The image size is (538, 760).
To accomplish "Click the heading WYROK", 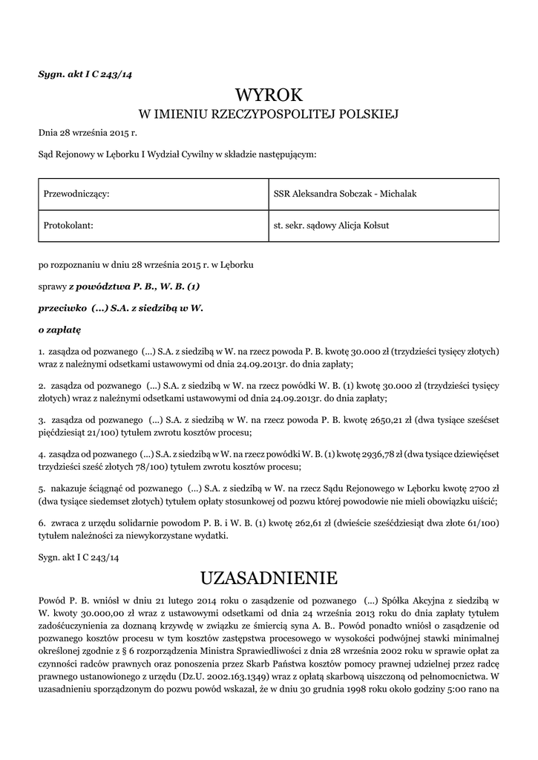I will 269,94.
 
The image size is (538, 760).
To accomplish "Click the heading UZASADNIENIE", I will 269,577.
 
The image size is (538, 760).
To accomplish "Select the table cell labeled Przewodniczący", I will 77,194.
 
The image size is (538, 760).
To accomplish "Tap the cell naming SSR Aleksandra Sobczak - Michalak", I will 345,194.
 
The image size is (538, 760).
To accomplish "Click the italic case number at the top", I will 85,73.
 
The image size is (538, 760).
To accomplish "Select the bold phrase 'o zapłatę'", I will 59,327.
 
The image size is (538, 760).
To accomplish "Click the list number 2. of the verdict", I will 42,386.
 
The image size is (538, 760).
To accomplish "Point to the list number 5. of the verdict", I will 42,490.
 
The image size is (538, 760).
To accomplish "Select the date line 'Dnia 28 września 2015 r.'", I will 88,133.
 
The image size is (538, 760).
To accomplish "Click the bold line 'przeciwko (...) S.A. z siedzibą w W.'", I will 120,307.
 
